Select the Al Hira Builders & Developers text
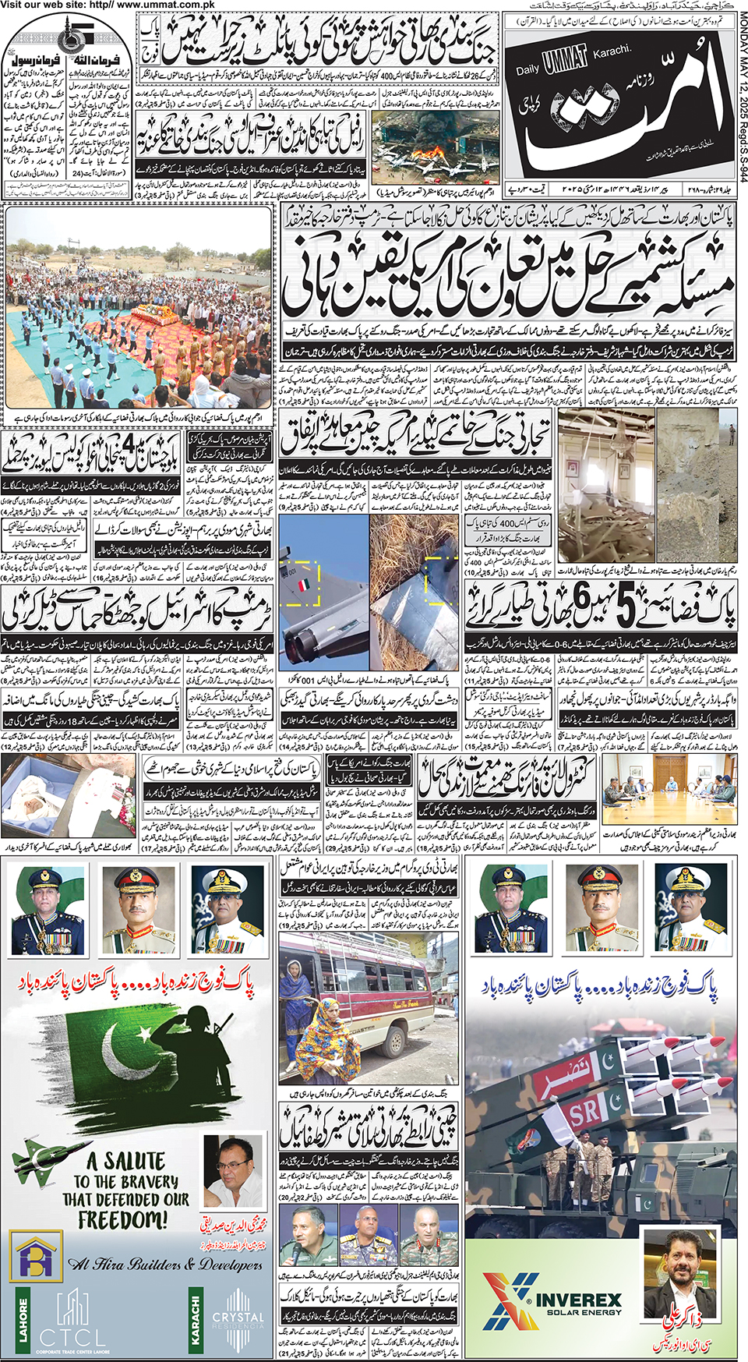coord(164,1264)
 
